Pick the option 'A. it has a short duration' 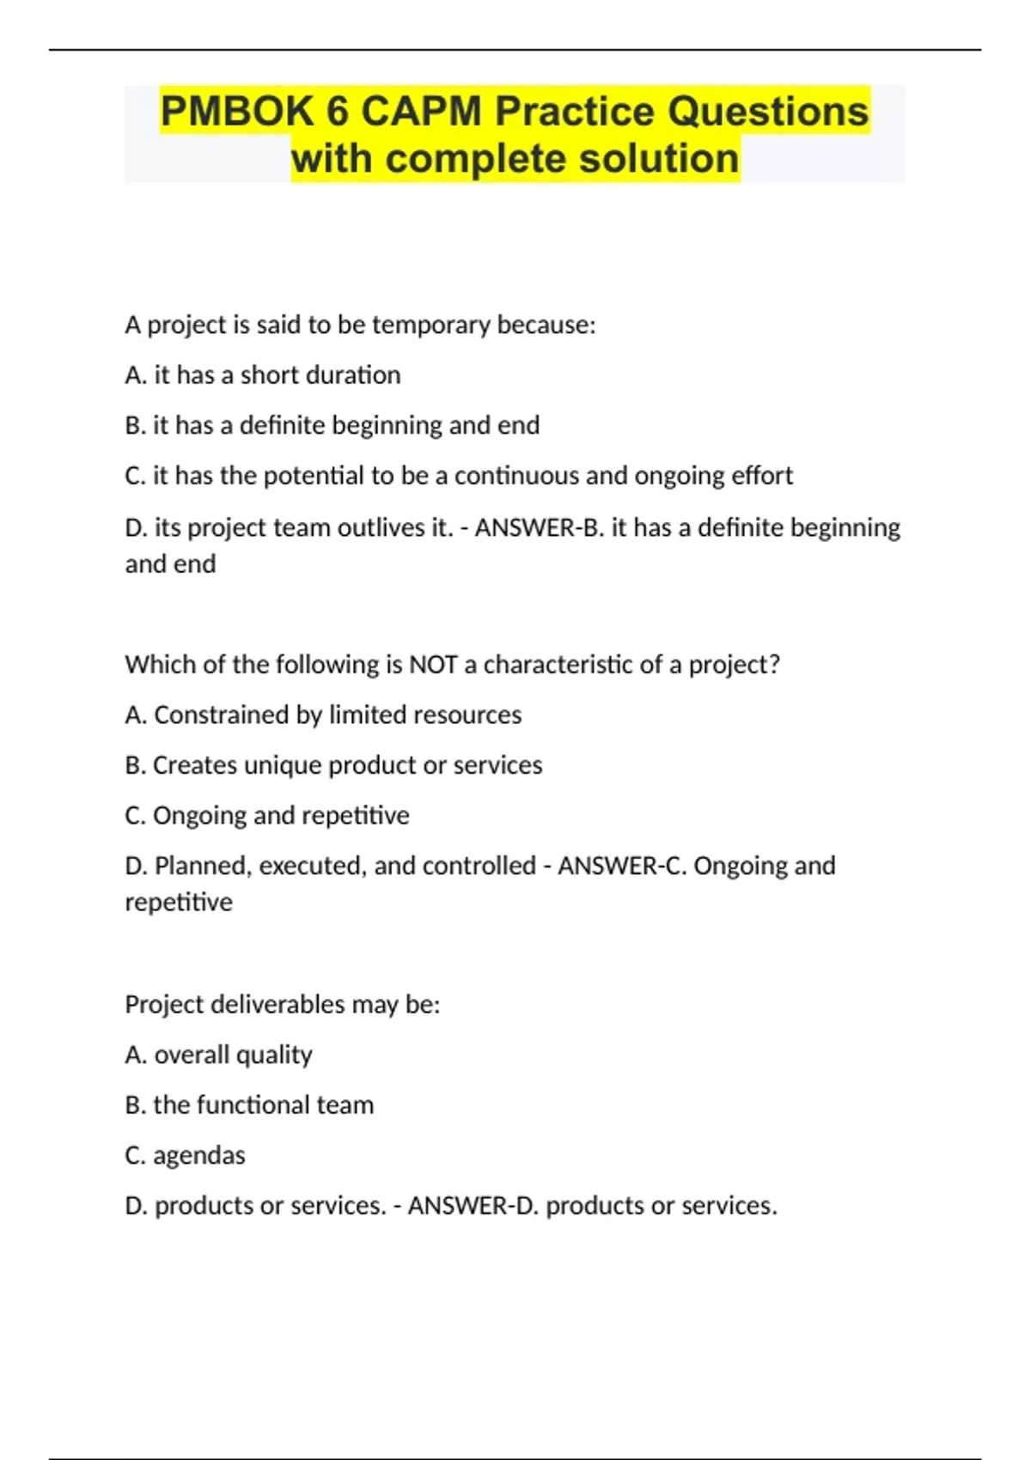(x=263, y=375)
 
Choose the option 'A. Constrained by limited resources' (x=323, y=715)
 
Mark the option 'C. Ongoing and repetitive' (x=267, y=816)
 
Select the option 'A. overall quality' (x=218, y=1055)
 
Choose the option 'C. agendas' (x=185, y=1156)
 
